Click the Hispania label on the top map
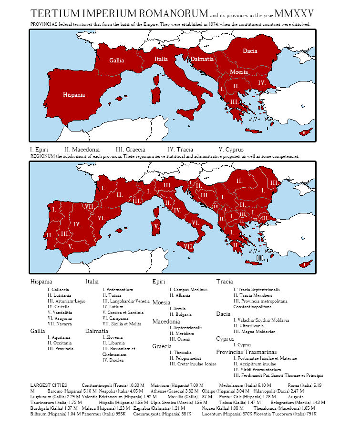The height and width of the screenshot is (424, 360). [x=74, y=95]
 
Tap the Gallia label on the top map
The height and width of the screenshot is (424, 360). [x=117, y=61]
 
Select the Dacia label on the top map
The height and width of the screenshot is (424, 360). [x=250, y=51]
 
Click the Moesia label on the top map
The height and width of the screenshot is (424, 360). [x=238, y=71]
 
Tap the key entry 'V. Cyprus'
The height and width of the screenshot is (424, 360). [x=231, y=150]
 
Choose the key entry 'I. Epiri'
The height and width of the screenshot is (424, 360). [x=39, y=150]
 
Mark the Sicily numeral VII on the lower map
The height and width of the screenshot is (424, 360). [x=189, y=246]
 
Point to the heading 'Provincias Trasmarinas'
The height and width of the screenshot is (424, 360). [x=246, y=352]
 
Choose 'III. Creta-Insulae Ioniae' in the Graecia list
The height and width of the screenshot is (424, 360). [x=193, y=364]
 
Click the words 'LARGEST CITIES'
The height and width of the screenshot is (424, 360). [x=49, y=384]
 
